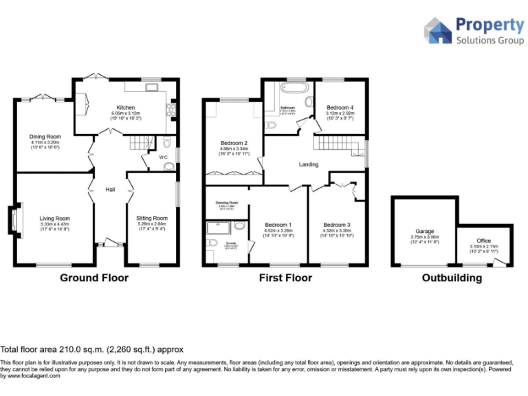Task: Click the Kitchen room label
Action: pos(125,107)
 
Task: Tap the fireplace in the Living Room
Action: pos(13,221)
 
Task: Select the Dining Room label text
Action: pos(45,136)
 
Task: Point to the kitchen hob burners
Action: pos(170,109)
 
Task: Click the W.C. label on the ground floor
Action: pos(164,157)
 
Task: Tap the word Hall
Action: pos(110,190)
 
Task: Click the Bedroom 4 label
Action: pos(340,108)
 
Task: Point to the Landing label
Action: pos(308,164)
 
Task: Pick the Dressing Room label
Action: pos(226,203)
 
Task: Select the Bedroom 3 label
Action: pos(337,225)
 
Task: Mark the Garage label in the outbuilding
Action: pos(424,232)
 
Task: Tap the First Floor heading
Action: pos(285,278)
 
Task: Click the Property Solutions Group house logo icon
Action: pos(437,32)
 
